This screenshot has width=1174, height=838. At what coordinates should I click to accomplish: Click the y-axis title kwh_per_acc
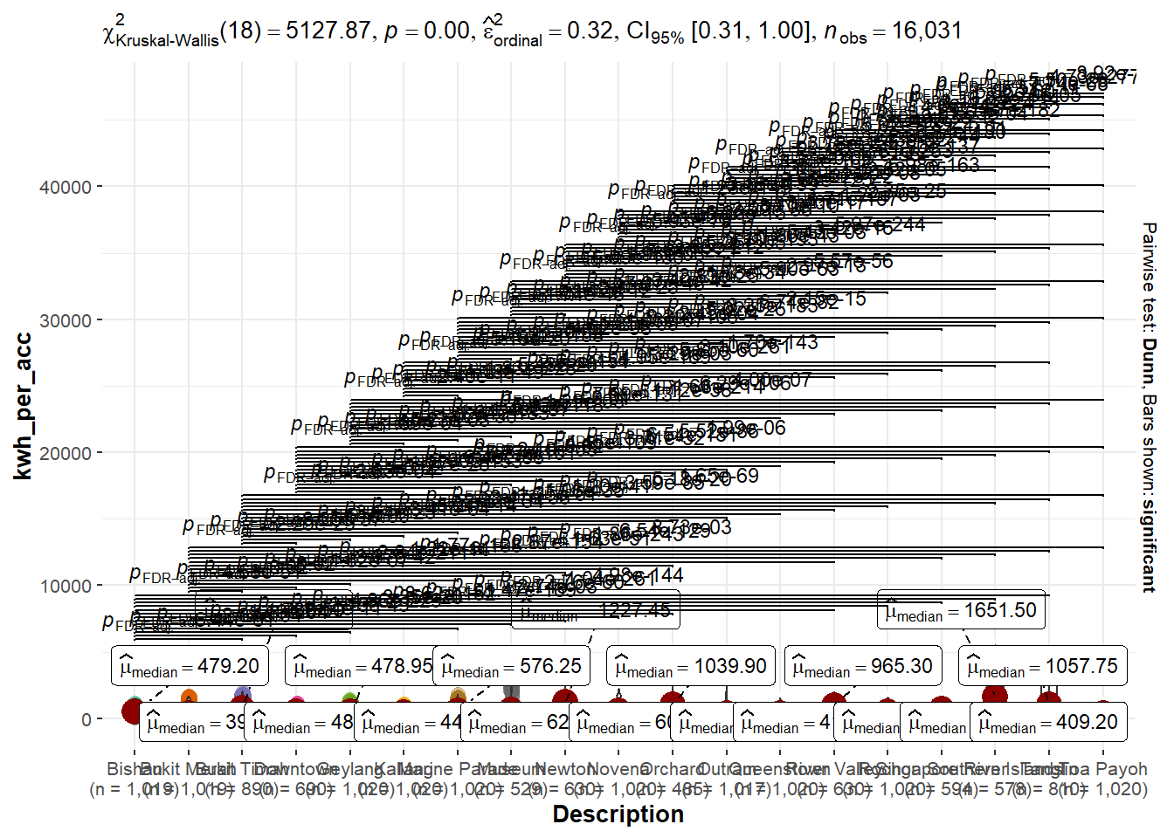[24, 406]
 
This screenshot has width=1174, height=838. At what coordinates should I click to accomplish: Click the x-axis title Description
[618, 814]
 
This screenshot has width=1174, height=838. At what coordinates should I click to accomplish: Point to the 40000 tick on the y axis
[66, 187]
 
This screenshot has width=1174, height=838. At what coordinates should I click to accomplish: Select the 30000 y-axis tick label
[66, 320]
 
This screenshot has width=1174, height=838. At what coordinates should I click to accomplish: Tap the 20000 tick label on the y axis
[66, 453]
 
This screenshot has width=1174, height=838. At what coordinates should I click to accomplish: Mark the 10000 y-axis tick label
[66, 586]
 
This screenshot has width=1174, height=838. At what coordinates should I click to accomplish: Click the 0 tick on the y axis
[86, 719]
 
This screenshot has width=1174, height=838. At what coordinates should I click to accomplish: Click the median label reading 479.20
[190, 666]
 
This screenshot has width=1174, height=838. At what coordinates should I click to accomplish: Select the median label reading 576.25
[512, 666]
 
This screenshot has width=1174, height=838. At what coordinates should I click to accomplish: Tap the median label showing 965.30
[863, 666]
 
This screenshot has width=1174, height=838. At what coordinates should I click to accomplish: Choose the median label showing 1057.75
[1042, 666]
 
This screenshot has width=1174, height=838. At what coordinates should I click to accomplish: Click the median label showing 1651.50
[961, 610]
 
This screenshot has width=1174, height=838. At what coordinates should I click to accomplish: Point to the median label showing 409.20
[1048, 722]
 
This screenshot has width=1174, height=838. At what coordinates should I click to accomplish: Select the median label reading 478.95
[363, 666]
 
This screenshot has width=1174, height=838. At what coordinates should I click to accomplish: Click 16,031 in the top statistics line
[926, 31]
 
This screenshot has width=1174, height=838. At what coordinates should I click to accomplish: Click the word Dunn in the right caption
[1150, 359]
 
